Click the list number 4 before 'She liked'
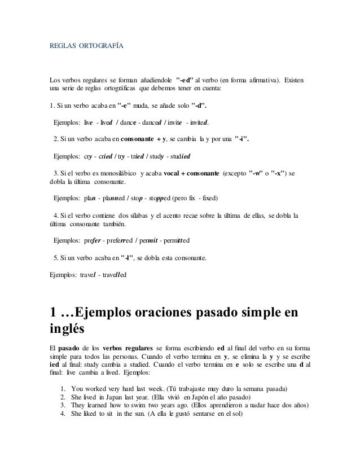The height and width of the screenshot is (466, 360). (x=62, y=415)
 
